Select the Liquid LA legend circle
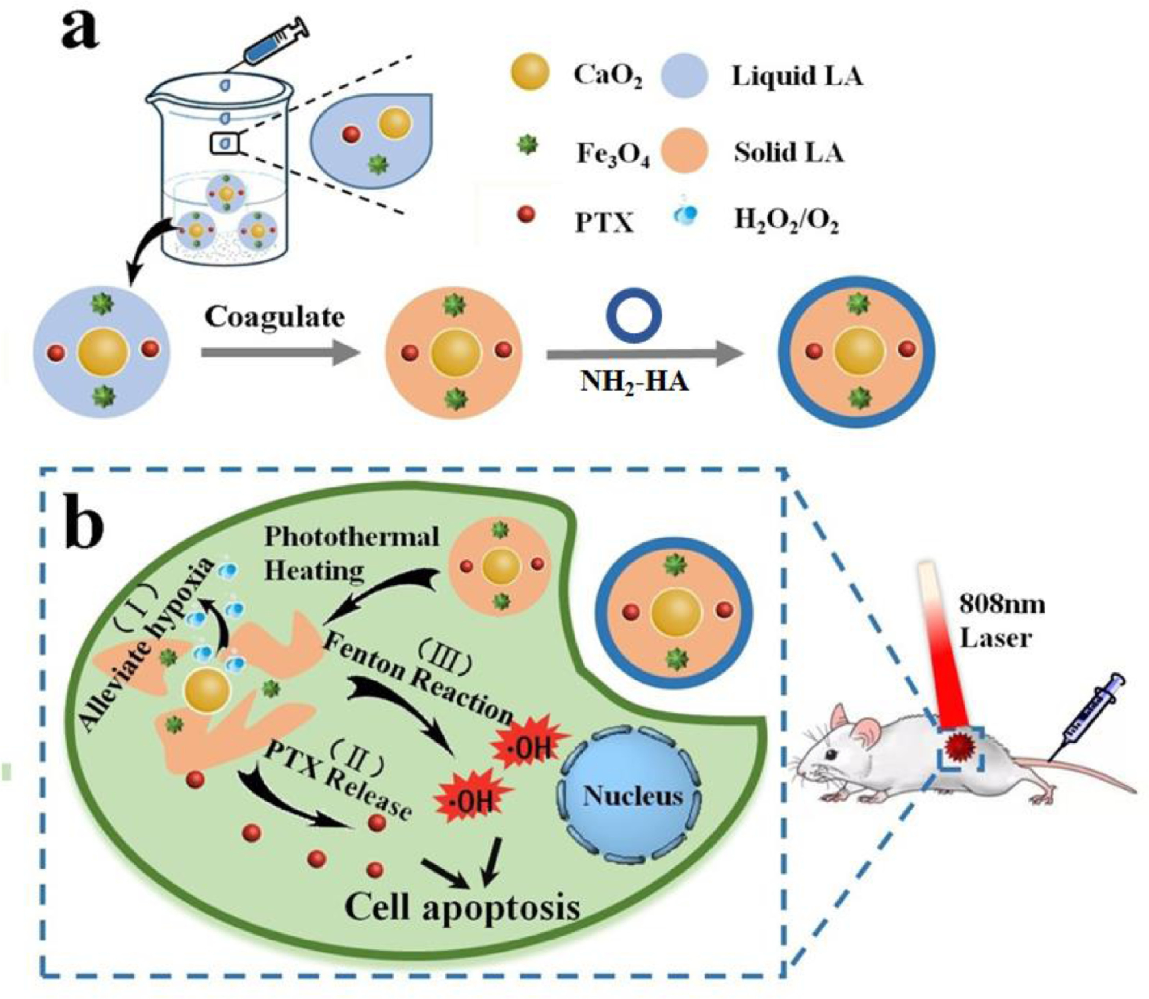point(684,75)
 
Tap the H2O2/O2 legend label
point(786,222)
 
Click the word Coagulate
point(274,317)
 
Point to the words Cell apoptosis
point(463,907)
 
